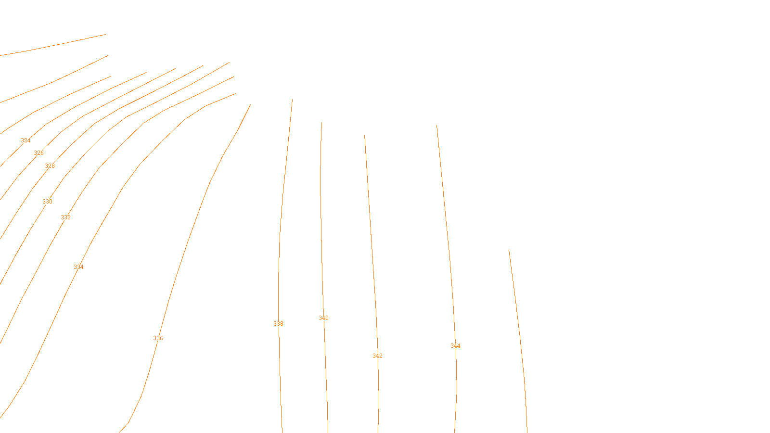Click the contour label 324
click(x=26, y=140)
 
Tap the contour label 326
click(x=38, y=153)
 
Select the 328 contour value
click(x=50, y=166)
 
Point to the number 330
click(x=47, y=202)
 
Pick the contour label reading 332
click(x=65, y=217)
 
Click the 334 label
click(x=78, y=267)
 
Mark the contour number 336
click(x=158, y=338)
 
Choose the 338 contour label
click(x=278, y=324)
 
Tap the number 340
click(x=323, y=318)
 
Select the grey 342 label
click(x=377, y=356)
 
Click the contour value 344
click(x=455, y=346)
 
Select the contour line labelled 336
click(x=188, y=241)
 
